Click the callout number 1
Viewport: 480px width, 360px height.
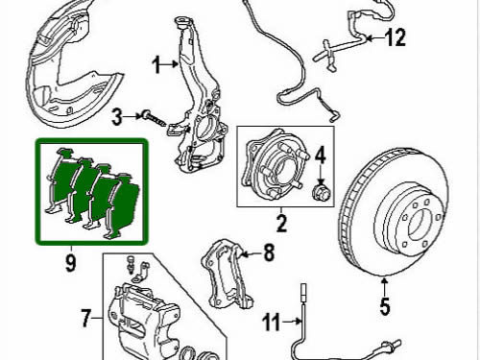click(156, 65)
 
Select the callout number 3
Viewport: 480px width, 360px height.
click(117, 116)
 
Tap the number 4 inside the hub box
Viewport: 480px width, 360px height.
click(321, 156)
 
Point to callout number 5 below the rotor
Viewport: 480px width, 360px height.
click(385, 306)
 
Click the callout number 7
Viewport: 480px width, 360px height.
click(85, 318)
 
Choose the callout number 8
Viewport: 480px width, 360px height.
click(269, 252)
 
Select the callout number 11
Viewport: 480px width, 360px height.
click(271, 322)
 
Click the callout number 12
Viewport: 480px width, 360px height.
click(395, 37)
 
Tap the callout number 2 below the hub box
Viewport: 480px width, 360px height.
click(281, 223)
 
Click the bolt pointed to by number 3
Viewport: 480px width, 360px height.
click(155, 119)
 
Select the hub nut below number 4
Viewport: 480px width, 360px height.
click(321, 192)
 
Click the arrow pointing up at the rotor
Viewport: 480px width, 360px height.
click(385, 287)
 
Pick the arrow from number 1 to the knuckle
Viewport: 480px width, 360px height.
click(170, 64)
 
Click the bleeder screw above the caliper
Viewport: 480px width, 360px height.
click(131, 264)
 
